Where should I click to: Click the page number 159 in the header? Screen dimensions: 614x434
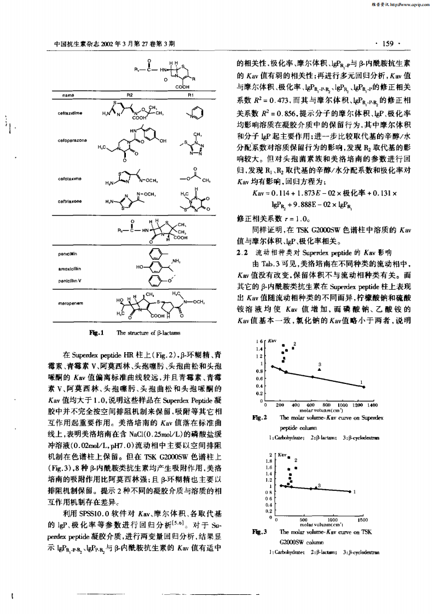(x=386, y=43)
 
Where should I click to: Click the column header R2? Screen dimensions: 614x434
(x=130, y=95)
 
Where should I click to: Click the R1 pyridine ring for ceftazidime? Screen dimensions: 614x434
(x=198, y=114)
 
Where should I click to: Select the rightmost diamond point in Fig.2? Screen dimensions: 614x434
(x=364, y=387)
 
